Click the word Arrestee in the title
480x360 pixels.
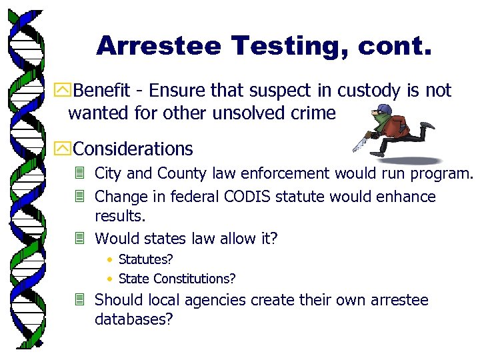coord(159,46)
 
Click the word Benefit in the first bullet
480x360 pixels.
coord(103,91)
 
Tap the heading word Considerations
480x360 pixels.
coord(133,149)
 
